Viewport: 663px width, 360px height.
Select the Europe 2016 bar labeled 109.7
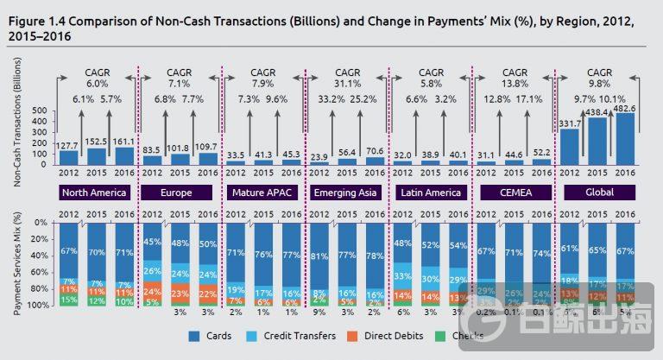click(207, 159)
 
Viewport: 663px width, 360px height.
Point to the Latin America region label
click(429, 192)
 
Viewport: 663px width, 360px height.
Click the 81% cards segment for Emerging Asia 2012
click(319, 256)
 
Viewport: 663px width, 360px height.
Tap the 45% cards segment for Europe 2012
click(152, 242)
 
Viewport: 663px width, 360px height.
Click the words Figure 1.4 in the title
click(41, 20)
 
